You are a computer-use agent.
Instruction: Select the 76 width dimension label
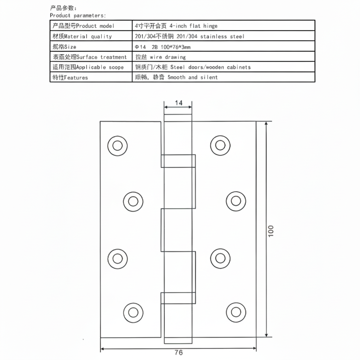pyautogui.click(x=178, y=352)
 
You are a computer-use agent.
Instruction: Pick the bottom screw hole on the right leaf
pyautogui.click(x=236, y=312)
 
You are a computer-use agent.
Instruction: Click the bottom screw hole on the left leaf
pyautogui.click(x=133, y=312)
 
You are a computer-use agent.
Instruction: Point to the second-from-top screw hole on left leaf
pyautogui.click(x=133, y=201)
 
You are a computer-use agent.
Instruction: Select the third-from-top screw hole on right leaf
pyautogui.click(x=220, y=258)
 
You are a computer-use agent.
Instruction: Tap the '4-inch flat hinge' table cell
pyautogui.click(x=176, y=26)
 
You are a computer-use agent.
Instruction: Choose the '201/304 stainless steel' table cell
pyautogui.click(x=189, y=36)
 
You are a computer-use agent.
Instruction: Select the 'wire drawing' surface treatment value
pyautogui.click(x=160, y=57)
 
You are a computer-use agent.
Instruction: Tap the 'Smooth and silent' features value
pyautogui.click(x=176, y=77)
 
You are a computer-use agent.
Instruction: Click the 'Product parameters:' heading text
pyautogui.click(x=78, y=16)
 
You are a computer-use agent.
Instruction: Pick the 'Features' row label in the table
pyautogui.click(x=69, y=78)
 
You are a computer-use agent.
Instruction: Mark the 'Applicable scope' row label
pyautogui.click(x=87, y=67)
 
